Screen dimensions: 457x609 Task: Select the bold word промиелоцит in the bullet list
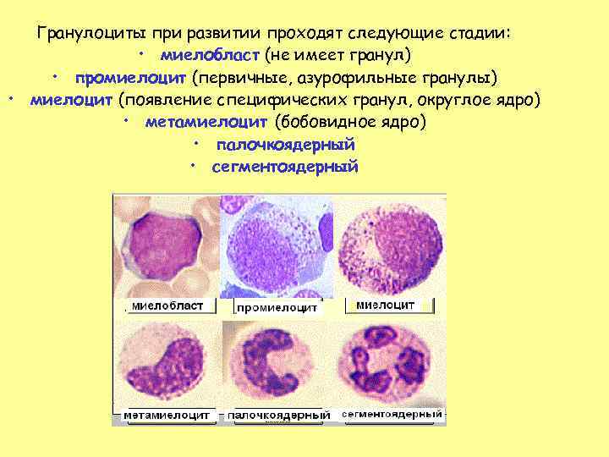click(x=131, y=79)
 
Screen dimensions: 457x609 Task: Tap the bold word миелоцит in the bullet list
click(x=70, y=101)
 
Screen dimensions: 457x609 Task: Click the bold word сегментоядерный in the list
click(x=285, y=167)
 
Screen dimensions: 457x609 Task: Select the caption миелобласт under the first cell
click(x=167, y=306)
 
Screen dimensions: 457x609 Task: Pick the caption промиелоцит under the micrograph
click(x=277, y=307)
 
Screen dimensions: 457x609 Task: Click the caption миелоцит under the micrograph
click(x=385, y=305)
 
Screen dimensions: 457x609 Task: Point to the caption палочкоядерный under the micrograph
click(x=278, y=416)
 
